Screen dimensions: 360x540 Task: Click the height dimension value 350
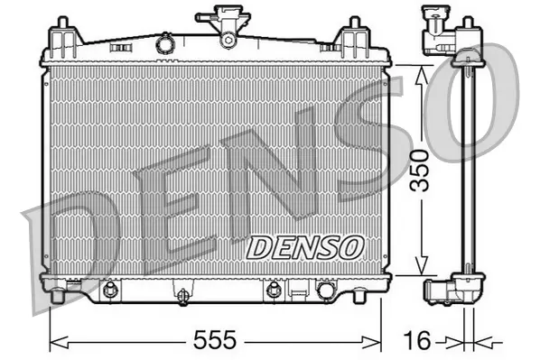click(418, 171)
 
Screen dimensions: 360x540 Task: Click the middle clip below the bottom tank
click(182, 294)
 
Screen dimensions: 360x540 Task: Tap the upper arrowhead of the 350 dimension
click(418, 72)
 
